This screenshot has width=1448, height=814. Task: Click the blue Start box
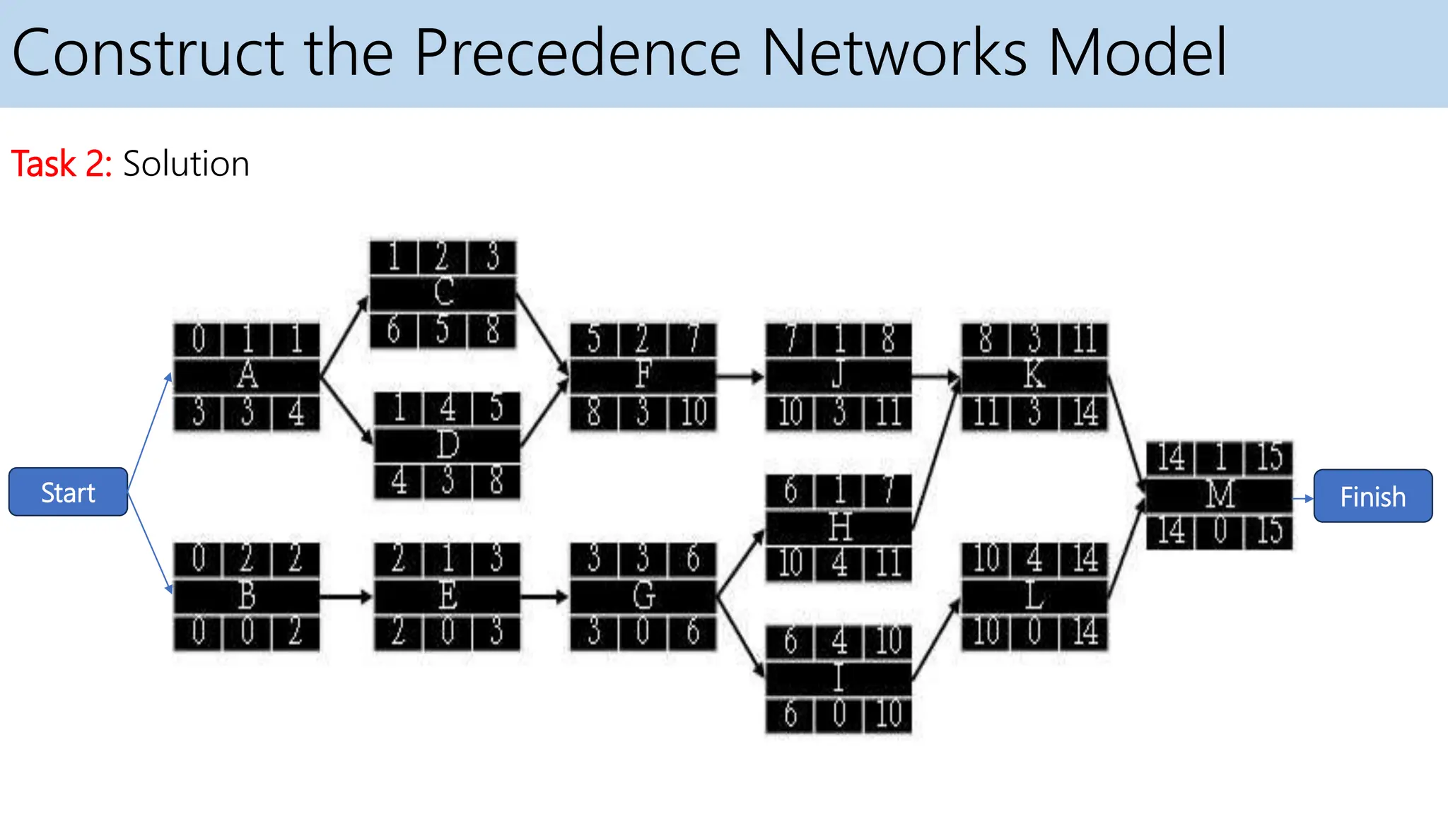(68, 492)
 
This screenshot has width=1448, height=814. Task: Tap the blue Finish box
(1372, 496)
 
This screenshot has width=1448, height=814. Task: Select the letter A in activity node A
(247, 375)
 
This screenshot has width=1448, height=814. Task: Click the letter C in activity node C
(443, 292)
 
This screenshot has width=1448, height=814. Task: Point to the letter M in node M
(1220, 495)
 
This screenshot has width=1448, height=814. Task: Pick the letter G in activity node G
(643, 596)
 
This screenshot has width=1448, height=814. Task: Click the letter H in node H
(839, 527)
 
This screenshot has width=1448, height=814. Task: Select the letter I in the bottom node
(839, 678)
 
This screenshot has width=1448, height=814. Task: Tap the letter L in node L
(1034, 597)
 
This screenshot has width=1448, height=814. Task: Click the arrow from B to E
(346, 597)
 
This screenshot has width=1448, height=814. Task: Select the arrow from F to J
(740, 377)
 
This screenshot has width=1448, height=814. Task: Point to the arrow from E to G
(544, 597)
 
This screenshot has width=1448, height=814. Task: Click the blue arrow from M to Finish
(1303, 499)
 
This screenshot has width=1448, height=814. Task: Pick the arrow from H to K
(935, 452)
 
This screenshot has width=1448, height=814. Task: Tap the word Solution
(186, 164)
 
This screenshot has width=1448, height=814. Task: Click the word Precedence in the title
(578, 52)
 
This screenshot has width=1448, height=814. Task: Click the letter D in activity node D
(448, 445)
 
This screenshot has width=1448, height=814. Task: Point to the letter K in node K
(1034, 375)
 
